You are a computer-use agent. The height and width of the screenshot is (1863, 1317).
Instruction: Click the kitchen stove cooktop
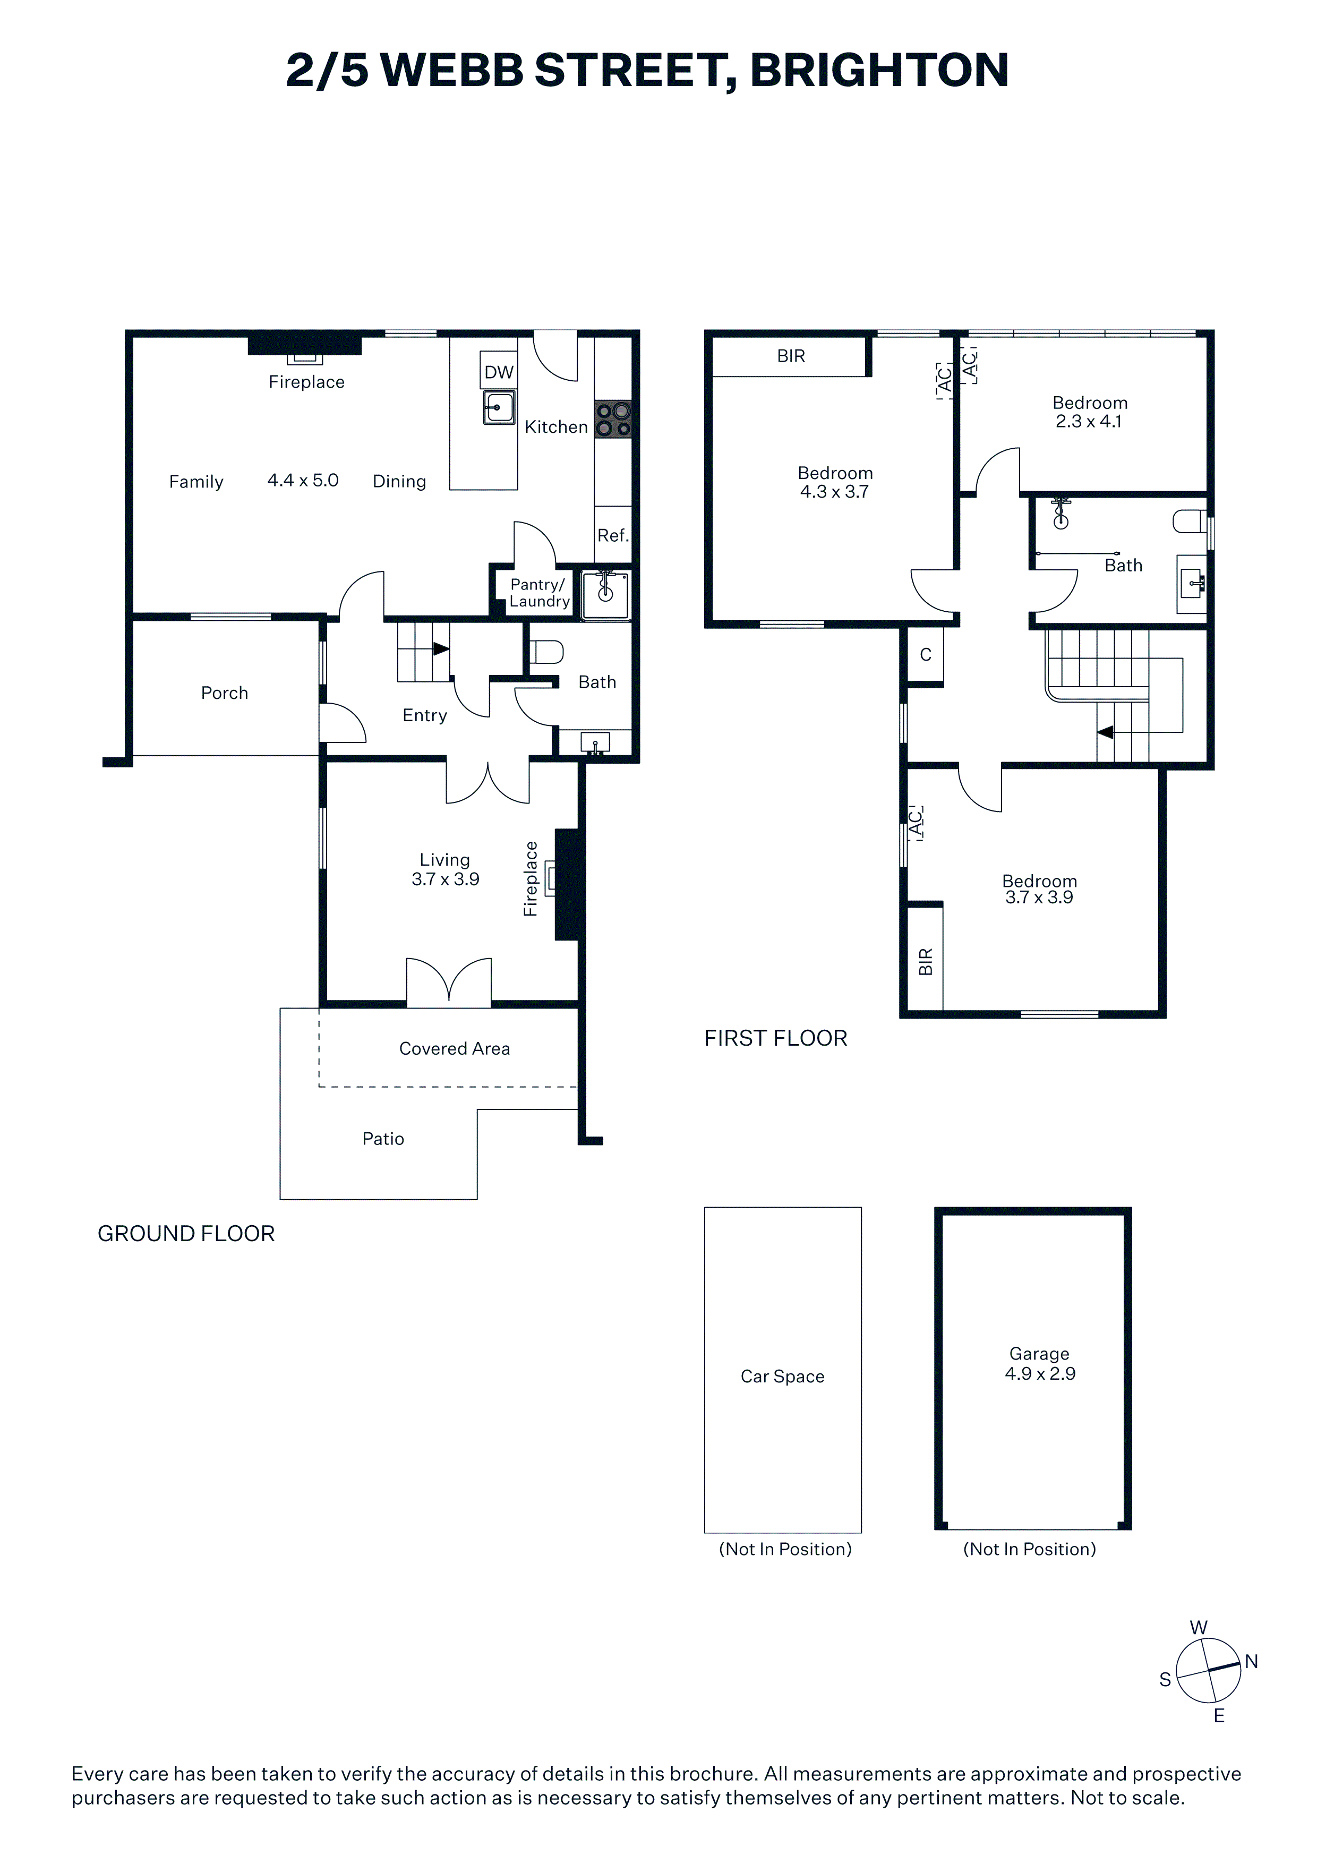613,420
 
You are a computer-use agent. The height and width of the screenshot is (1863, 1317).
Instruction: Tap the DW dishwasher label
499,372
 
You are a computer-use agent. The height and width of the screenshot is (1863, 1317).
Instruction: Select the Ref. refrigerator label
613,535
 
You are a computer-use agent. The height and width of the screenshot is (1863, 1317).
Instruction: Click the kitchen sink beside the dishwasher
499,407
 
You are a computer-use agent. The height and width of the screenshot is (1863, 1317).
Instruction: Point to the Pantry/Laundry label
540,593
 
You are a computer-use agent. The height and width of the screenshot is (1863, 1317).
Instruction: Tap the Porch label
225,693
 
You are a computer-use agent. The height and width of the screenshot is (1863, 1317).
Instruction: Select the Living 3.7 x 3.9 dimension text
446,879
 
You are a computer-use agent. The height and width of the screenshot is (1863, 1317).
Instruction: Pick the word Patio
383,1139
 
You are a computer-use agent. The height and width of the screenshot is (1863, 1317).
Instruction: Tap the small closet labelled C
925,655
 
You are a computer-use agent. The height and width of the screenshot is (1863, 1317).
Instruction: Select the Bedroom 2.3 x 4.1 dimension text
1089,421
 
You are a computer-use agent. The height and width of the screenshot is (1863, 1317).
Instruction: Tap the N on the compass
1251,1662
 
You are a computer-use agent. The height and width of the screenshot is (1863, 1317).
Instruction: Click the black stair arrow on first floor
1105,732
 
